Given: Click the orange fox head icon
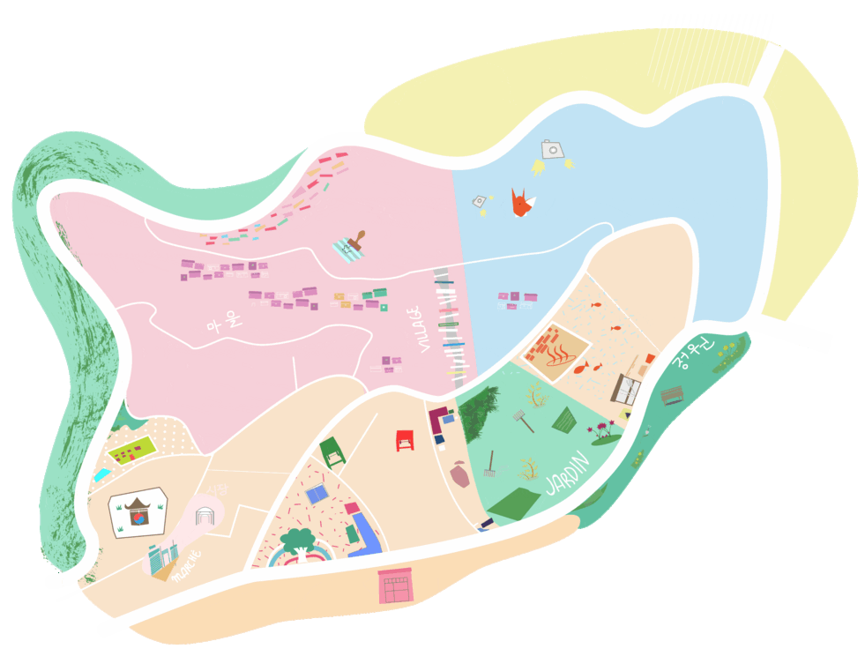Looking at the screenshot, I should click(x=522, y=204).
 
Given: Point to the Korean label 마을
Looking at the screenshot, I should click(x=222, y=323).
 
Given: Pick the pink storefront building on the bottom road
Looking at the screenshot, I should click(x=394, y=586).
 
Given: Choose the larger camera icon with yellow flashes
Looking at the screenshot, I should click(x=552, y=150).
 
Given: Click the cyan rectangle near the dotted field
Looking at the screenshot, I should click(x=102, y=474).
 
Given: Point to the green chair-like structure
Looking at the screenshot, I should click(x=332, y=451).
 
